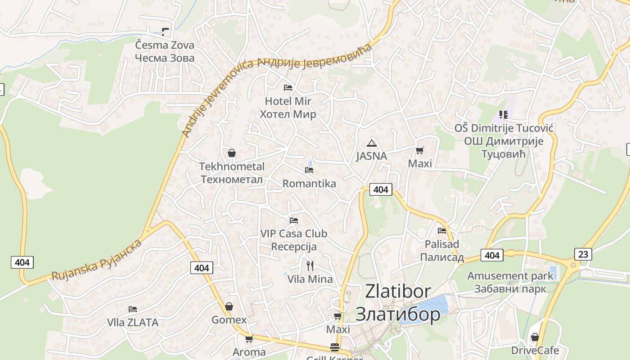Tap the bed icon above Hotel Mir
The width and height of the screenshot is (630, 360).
pyautogui.click(x=288, y=87)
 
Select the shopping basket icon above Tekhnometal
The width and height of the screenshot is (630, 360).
pyautogui.click(x=232, y=153)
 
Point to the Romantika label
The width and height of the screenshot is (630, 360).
pyautogui.click(x=309, y=184)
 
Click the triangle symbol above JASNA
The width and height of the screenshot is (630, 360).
pyautogui.click(x=371, y=144)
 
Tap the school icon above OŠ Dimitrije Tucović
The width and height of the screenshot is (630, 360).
pyautogui.click(x=503, y=115)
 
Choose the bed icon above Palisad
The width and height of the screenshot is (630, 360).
pyautogui.click(x=442, y=231)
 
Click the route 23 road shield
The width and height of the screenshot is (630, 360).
pyautogui.click(x=583, y=254)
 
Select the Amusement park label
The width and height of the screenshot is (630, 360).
pyautogui.click(x=510, y=276)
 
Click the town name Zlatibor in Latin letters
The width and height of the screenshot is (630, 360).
pyautogui.click(x=398, y=291)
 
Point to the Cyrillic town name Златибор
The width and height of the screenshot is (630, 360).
pyautogui.click(x=398, y=314)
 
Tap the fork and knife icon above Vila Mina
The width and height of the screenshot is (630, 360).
pyautogui.click(x=310, y=266)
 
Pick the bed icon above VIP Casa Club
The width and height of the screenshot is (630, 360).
pyautogui.click(x=294, y=220)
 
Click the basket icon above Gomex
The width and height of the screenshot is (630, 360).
pyautogui.click(x=229, y=306)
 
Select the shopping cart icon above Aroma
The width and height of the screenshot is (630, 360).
pyautogui.click(x=249, y=339)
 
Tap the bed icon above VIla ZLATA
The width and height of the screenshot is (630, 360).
pyautogui.click(x=133, y=309)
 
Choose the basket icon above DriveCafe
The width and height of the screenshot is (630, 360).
pyautogui.click(x=535, y=337)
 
